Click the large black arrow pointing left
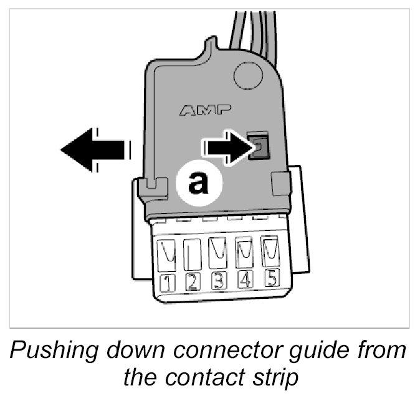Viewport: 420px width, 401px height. (x=93, y=149)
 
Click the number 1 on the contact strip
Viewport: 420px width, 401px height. (x=166, y=283)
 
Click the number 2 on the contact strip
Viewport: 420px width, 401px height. (x=192, y=282)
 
